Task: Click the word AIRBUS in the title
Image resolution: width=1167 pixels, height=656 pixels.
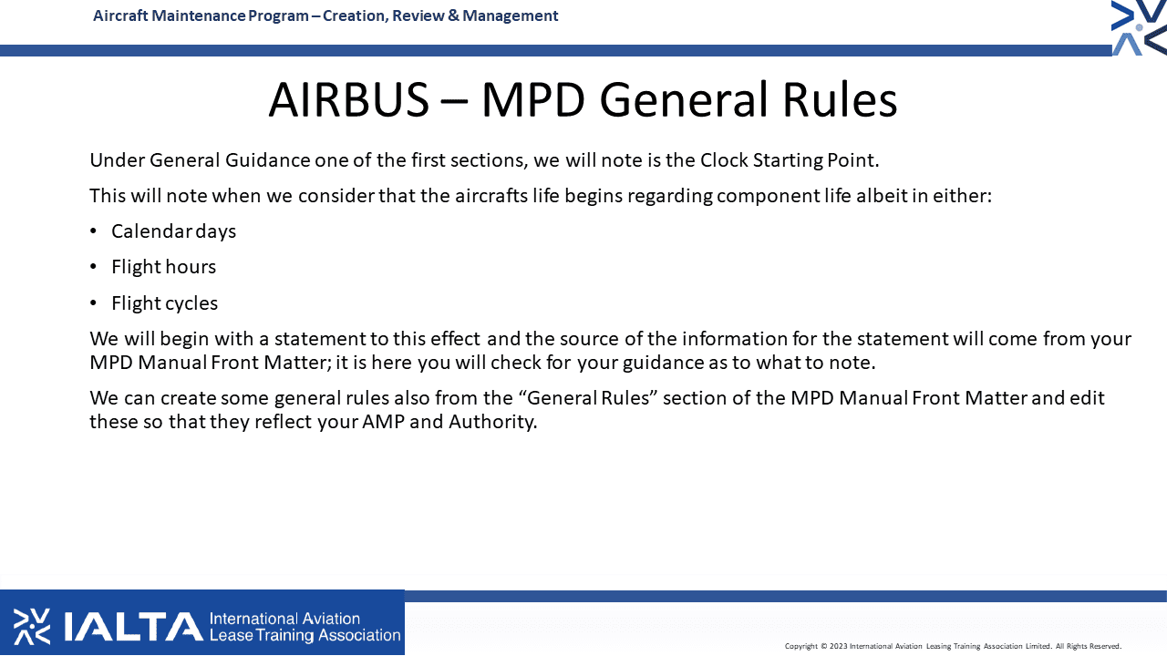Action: [348, 100]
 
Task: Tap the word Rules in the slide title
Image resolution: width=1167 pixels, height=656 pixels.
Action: [840, 100]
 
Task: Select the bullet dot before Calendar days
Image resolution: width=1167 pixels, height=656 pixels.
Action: [93, 231]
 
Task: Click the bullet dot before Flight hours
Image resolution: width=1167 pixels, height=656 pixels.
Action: [93, 267]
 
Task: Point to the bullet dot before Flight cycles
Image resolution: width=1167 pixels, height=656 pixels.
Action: [93, 303]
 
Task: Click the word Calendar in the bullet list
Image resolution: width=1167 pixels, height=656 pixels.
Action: [151, 231]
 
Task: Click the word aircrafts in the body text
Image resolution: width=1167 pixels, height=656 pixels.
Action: [491, 196]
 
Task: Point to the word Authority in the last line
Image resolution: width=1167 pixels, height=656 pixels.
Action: [492, 422]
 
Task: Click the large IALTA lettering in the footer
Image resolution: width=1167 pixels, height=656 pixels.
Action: [134, 627]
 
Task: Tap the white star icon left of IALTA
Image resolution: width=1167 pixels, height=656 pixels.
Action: [32, 626]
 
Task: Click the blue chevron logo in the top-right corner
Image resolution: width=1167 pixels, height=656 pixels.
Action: [1139, 27]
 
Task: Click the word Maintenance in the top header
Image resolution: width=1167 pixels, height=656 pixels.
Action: [199, 15]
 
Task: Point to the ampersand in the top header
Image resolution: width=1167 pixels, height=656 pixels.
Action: [453, 15]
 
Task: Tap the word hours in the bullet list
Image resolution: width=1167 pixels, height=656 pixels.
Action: [190, 267]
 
